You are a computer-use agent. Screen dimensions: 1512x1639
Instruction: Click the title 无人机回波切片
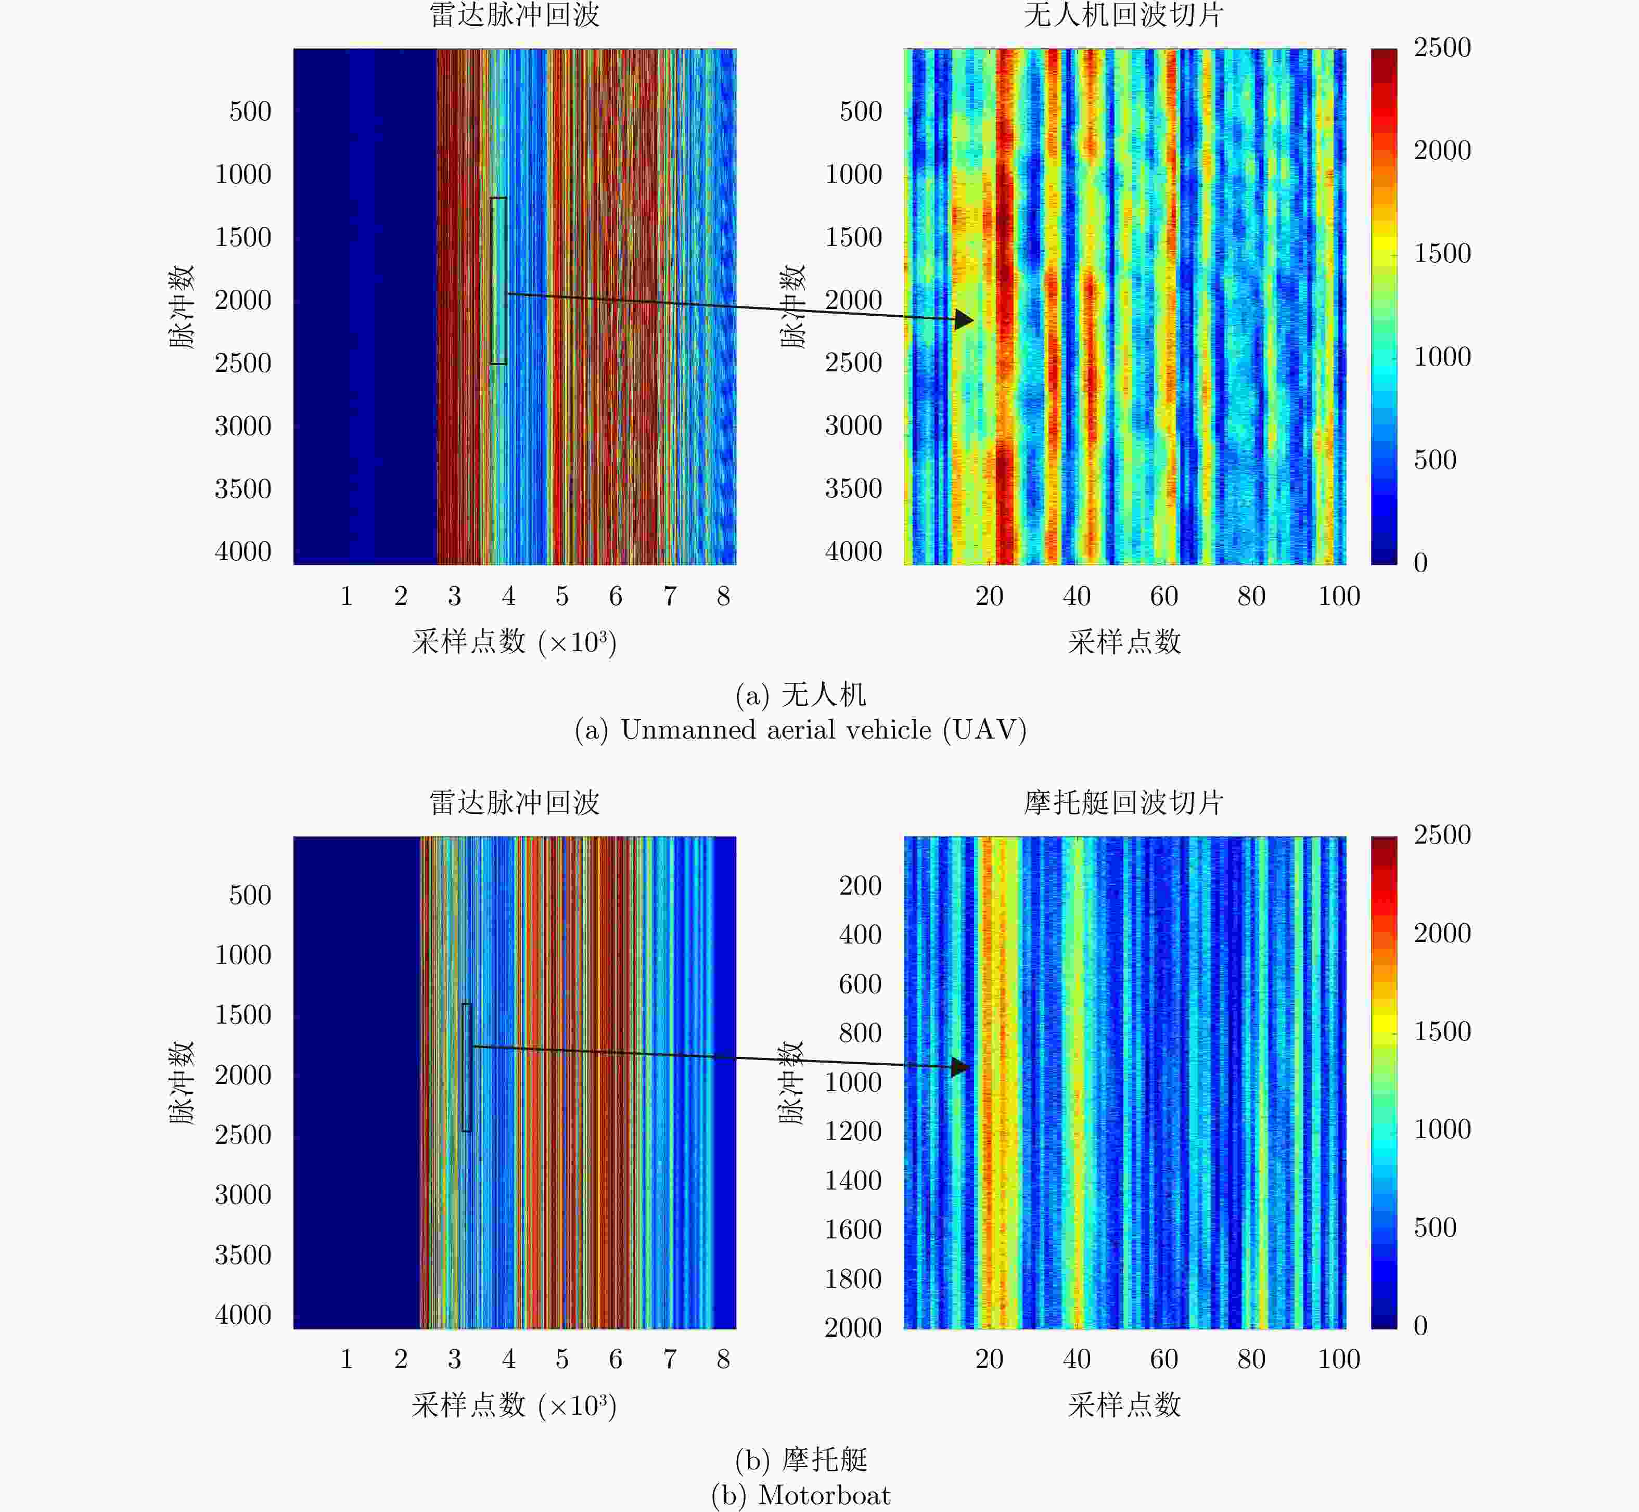[1123, 16]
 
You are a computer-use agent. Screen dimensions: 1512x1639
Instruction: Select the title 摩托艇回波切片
[1123, 803]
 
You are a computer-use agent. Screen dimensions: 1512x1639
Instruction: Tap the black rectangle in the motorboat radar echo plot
[466, 1067]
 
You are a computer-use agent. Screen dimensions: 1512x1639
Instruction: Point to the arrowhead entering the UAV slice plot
[964, 319]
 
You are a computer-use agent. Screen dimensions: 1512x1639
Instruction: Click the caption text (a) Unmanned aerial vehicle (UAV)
[800, 730]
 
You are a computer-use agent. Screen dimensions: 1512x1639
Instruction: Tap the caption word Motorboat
[824, 1495]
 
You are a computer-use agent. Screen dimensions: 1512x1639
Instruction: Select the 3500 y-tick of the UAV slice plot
[853, 488]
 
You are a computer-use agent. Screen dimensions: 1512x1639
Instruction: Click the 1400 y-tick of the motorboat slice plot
[853, 1181]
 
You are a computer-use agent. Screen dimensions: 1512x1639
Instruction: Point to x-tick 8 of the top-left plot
[723, 597]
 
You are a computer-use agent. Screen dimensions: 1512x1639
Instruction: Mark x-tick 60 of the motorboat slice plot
[1163, 1359]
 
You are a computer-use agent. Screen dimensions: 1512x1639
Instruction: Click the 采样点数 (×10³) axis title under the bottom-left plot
[514, 1406]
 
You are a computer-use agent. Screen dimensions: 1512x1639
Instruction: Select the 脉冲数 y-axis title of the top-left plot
[181, 307]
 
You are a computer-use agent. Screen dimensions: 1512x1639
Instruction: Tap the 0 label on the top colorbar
[1420, 563]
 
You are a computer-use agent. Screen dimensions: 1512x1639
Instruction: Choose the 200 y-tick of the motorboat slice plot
[860, 885]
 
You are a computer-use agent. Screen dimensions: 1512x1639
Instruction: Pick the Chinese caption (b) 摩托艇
[800, 1459]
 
